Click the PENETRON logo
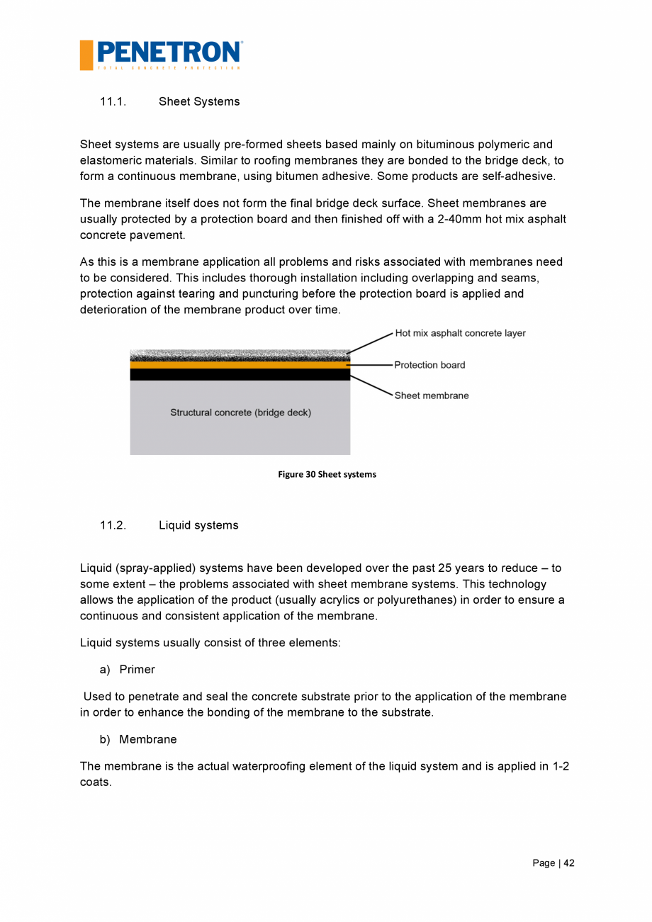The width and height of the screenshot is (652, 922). [x=162, y=55]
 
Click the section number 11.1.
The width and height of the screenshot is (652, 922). [x=113, y=102]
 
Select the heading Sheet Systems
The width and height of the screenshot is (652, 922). [x=199, y=102]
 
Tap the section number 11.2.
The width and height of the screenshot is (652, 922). [x=113, y=526]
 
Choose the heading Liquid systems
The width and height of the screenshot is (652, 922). [x=198, y=526]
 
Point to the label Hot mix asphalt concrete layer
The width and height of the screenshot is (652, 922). [x=460, y=333]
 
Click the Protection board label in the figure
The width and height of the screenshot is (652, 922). [x=429, y=365]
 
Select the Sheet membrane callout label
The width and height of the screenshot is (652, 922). [x=432, y=395]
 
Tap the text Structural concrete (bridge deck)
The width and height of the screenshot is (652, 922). [x=240, y=412]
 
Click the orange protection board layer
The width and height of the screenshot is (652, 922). [x=240, y=365]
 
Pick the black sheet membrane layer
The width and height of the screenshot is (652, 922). [x=240, y=374]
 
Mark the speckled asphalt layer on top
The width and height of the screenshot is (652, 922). [x=240, y=355]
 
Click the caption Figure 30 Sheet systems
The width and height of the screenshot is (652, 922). [x=327, y=474]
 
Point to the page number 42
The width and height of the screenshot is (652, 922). [x=569, y=863]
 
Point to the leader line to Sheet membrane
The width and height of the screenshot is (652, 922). [x=371, y=386]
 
